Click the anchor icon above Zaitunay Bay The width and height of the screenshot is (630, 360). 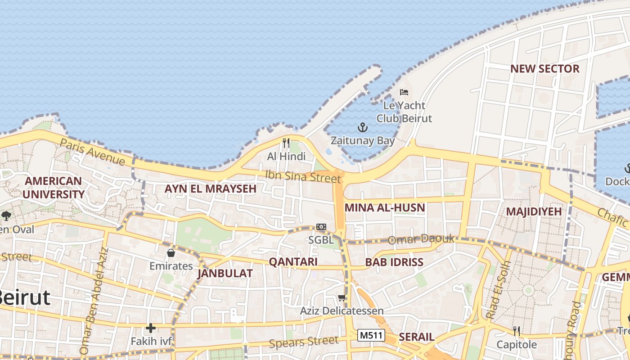pyautogui.click(x=363, y=128)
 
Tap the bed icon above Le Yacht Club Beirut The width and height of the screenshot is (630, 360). pyautogui.click(x=404, y=92)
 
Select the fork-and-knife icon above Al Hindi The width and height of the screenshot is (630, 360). pyautogui.click(x=286, y=143)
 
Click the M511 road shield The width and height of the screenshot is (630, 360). pyautogui.click(x=371, y=335)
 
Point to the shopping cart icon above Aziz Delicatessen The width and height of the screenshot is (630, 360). pyautogui.click(x=342, y=297)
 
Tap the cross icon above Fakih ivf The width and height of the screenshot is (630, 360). pyautogui.click(x=151, y=328)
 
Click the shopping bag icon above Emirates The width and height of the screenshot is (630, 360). pyautogui.click(x=171, y=253)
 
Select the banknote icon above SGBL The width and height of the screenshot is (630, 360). pyautogui.click(x=321, y=227)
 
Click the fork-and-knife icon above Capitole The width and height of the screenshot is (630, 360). pyautogui.click(x=517, y=331)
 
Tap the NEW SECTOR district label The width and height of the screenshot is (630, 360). pyautogui.click(x=544, y=69)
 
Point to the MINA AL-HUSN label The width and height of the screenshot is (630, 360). pyautogui.click(x=385, y=208)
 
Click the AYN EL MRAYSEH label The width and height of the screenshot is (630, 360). pyautogui.click(x=210, y=189)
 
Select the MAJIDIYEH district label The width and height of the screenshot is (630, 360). pyautogui.click(x=534, y=211)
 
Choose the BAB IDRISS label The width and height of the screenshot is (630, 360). pyautogui.click(x=394, y=262)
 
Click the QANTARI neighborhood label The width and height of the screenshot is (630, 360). pyautogui.click(x=293, y=262)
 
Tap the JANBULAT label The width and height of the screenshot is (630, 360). pyautogui.click(x=225, y=273)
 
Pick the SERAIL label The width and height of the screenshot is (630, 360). pyautogui.click(x=417, y=337)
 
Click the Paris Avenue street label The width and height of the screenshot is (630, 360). pyautogui.click(x=92, y=152)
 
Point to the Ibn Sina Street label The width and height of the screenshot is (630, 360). pyautogui.click(x=303, y=176)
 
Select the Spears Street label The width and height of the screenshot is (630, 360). pyautogui.click(x=303, y=342)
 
